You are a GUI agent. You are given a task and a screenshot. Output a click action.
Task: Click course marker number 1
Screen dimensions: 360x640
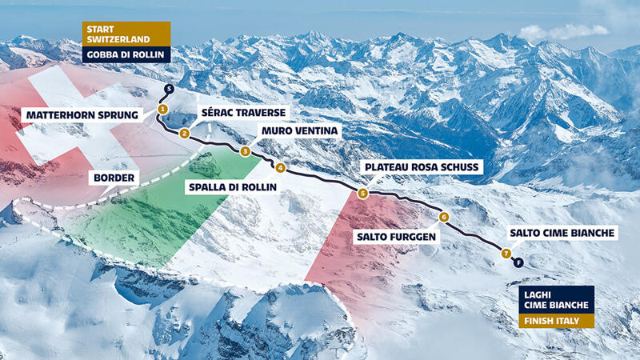[x=162, y=108]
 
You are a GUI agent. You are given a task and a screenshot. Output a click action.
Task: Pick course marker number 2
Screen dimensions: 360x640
[x=185, y=134]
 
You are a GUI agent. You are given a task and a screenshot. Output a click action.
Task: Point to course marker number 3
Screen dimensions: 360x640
[x=246, y=151]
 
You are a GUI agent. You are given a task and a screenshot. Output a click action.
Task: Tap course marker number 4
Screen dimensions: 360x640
[x=280, y=168]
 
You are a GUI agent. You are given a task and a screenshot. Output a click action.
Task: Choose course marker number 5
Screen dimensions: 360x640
[x=362, y=193]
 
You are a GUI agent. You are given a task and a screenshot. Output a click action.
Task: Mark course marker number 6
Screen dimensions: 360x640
[x=444, y=217]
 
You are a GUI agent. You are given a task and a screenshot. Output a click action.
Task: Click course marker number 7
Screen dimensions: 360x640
[x=506, y=254]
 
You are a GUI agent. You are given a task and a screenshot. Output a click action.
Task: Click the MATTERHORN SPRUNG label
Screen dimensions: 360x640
[x=82, y=115]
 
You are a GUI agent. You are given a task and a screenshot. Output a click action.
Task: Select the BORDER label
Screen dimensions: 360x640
[x=115, y=177]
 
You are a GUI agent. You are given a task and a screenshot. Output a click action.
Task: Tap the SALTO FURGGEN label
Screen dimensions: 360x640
[x=398, y=238]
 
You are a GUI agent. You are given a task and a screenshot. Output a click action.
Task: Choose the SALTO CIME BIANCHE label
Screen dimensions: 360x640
[x=562, y=234]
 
